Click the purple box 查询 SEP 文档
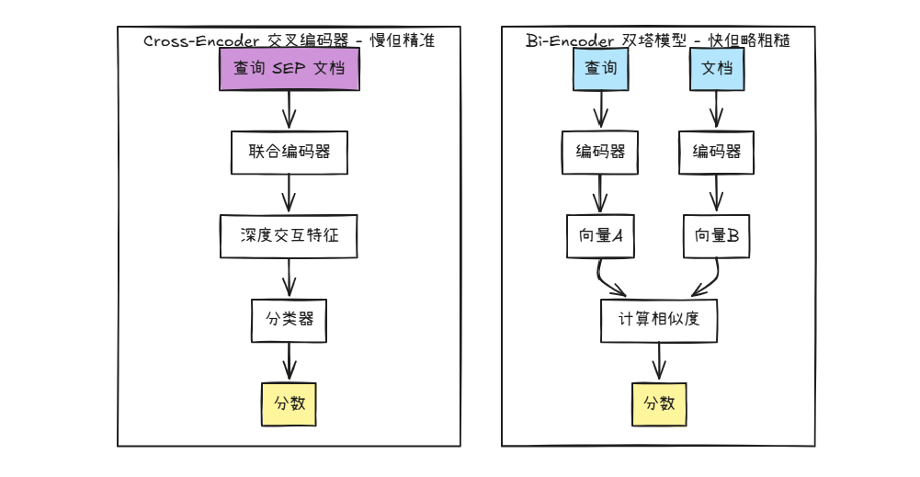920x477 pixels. tap(289, 69)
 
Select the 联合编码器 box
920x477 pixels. tap(289, 153)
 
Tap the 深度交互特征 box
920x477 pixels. tap(289, 236)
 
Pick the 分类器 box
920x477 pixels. tap(290, 320)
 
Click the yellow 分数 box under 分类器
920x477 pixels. tap(290, 404)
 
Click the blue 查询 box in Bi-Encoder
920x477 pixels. tap(601, 69)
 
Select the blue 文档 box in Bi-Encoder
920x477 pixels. tap(717, 69)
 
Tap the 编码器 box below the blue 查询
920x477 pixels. tap(600, 153)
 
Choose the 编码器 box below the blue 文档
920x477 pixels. tap(717, 153)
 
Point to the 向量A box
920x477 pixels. tap(600, 236)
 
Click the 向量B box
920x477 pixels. tap(717, 236)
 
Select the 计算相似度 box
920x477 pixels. tap(658, 320)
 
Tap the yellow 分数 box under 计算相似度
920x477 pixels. tap(659, 404)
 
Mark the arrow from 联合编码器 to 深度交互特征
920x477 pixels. tap(290, 195)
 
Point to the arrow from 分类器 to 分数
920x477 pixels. tap(290, 362)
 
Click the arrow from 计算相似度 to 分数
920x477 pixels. tap(659, 362)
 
